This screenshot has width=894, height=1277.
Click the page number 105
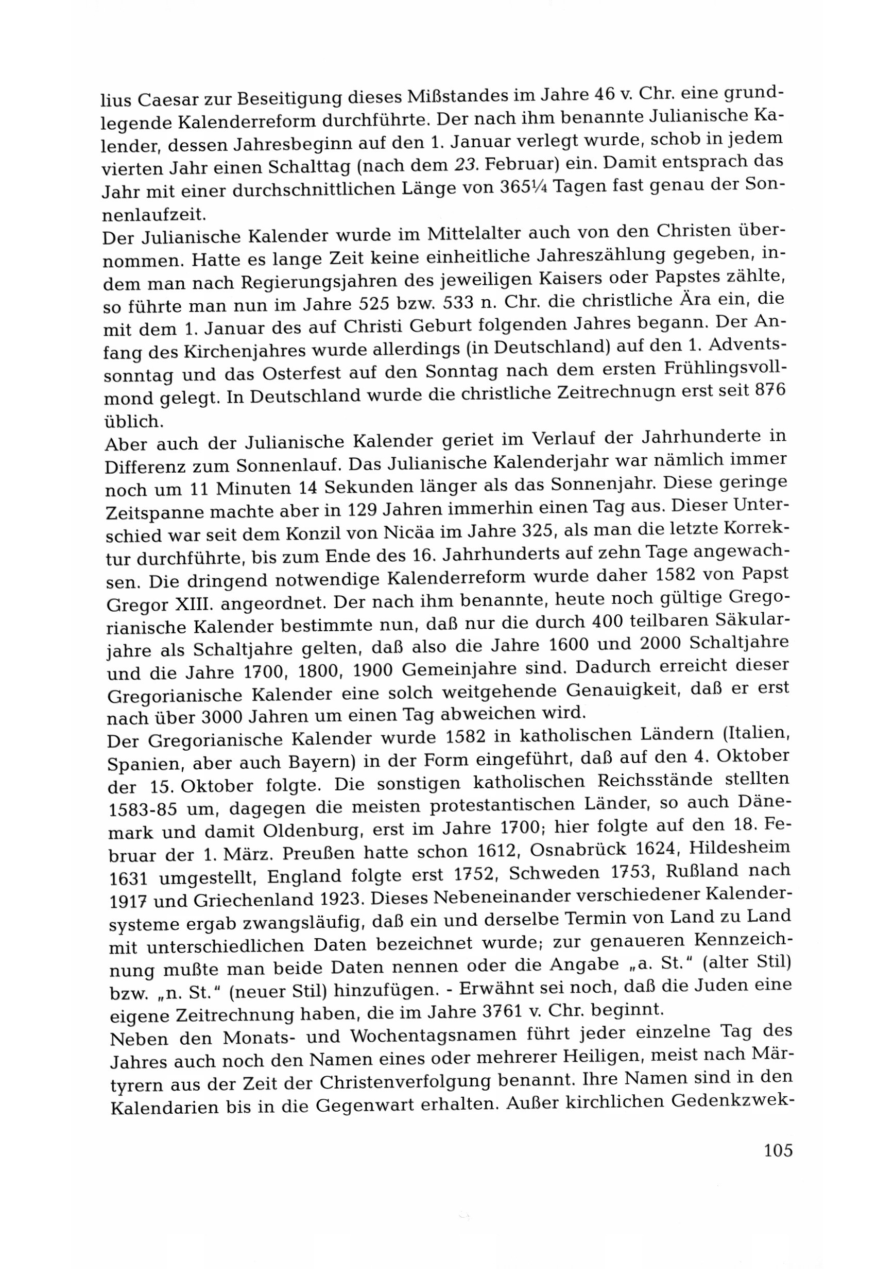pos(777,1150)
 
